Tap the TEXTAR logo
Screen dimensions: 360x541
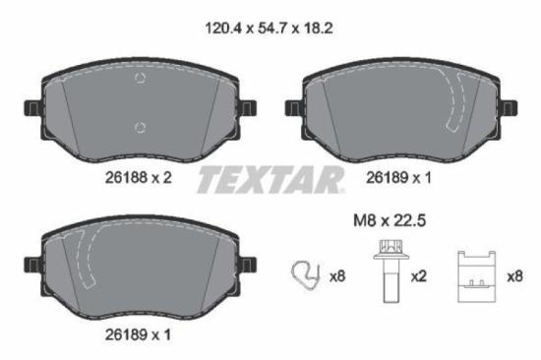tap(270, 179)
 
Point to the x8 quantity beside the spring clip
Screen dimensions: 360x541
tap(336, 276)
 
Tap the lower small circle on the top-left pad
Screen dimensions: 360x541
tap(141, 125)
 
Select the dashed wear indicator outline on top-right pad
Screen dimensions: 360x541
tap(457, 104)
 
